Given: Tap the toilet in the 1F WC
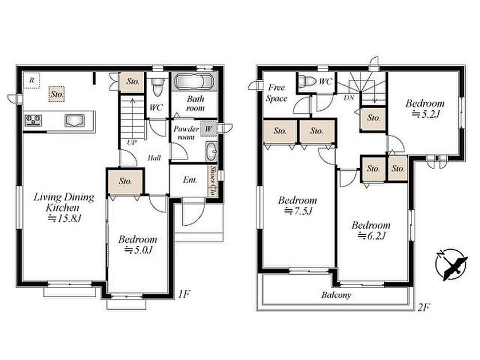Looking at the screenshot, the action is [158, 87].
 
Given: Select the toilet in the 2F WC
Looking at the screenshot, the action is [307, 81].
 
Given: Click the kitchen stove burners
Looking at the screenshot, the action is [33, 119].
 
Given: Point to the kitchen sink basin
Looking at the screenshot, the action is [74, 119].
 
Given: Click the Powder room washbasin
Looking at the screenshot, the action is [211, 151].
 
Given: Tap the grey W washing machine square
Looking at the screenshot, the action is [208, 129].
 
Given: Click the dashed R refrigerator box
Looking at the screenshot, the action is [31, 80].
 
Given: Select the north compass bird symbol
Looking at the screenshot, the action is [451, 265].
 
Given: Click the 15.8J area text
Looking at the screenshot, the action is [64, 218].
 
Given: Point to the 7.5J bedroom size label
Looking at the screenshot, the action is [298, 211].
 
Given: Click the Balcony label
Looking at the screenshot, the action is [336, 295].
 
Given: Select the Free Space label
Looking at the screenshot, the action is [277, 93].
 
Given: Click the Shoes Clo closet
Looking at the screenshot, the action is [213, 181].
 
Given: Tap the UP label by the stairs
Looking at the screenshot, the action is [131, 143].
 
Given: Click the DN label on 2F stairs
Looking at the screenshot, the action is [349, 98].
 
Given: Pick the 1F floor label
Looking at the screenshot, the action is [184, 294].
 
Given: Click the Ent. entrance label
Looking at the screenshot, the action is [190, 180].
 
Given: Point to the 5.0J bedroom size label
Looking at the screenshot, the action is [138, 250].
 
